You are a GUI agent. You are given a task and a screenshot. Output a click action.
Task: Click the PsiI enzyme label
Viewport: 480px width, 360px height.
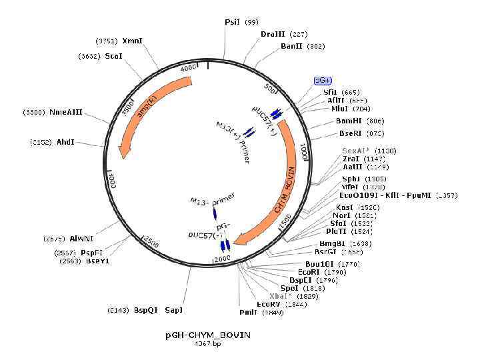[x=232, y=22]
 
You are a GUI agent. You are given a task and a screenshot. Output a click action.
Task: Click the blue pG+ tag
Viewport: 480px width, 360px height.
[x=323, y=80]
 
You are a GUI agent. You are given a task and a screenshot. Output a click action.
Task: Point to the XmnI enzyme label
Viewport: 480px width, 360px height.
[x=131, y=41]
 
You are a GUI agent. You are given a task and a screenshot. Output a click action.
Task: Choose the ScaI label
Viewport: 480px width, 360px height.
[x=113, y=57]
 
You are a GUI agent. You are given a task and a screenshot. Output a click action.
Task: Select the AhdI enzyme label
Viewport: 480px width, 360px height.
[x=65, y=142]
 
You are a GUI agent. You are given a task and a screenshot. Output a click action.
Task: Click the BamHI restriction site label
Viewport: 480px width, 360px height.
[x=349, y=121]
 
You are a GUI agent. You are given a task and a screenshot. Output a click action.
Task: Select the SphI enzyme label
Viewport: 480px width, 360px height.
[x=351, y=179]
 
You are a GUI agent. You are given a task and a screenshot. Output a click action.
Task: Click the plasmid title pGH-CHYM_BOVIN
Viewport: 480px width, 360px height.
[x=208, y=335]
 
